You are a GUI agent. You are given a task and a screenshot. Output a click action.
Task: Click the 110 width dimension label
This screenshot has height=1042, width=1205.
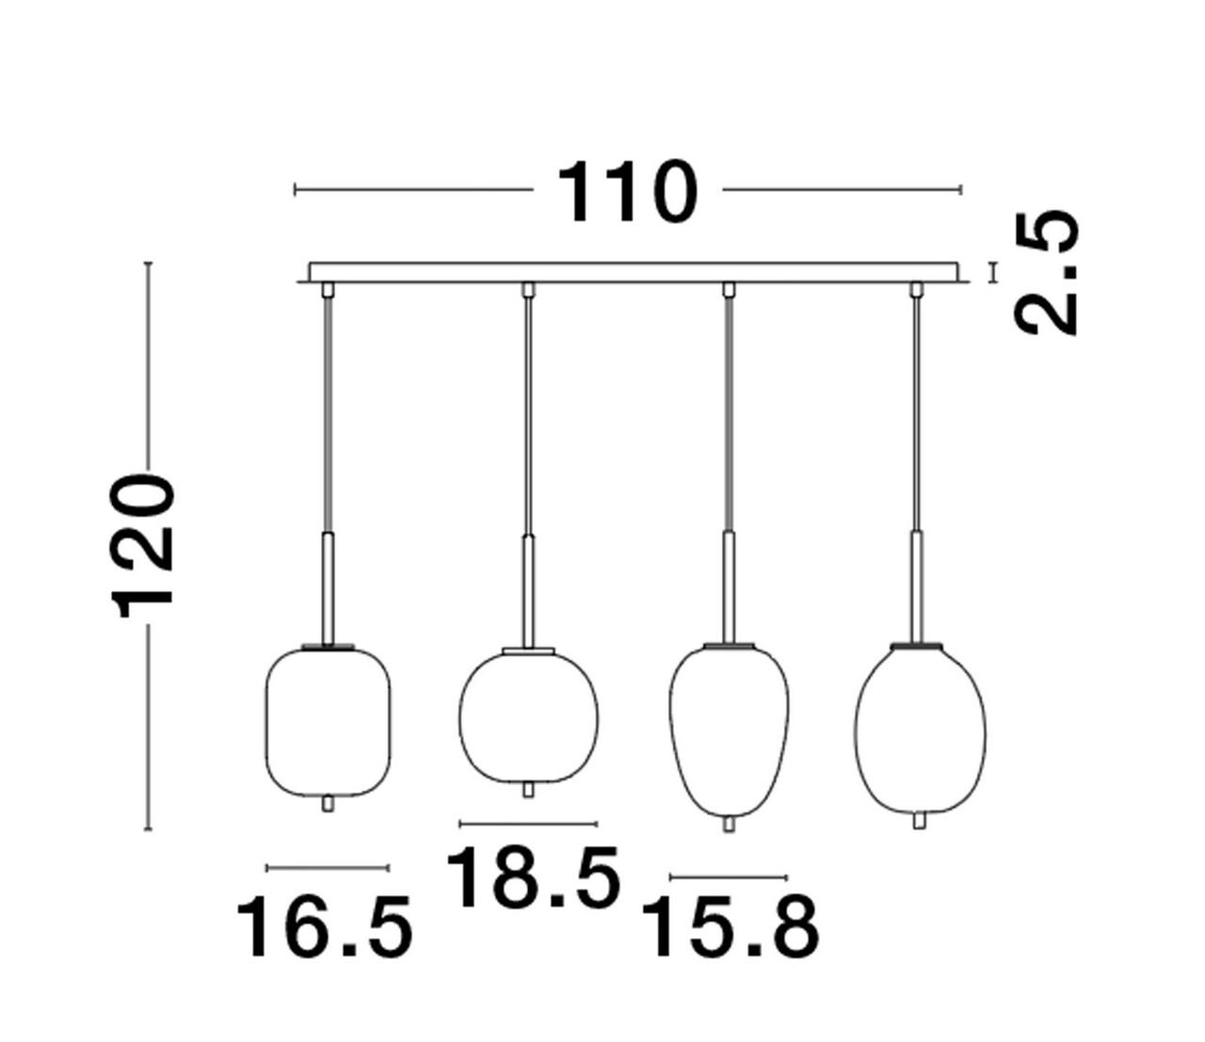tap(628, 193)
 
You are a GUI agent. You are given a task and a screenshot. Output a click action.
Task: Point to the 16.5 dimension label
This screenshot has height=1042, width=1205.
tap(324, 927)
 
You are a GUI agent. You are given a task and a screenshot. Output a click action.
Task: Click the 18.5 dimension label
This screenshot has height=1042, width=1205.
tap(533, 877)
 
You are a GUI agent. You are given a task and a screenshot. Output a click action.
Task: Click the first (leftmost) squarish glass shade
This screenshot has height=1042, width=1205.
tap(328, 721)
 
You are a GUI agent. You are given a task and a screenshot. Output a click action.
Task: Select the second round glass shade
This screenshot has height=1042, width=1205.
tap(528, 715)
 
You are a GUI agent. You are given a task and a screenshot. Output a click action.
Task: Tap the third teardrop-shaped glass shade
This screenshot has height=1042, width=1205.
tap(729, 729)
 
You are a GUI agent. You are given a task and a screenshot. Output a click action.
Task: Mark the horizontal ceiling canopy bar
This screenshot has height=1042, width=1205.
tap(634, 272)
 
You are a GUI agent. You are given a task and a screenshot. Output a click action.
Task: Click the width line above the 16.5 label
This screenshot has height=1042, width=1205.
tap(328, 867)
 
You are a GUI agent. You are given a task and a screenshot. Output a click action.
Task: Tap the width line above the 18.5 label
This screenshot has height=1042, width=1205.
tap(528, 824)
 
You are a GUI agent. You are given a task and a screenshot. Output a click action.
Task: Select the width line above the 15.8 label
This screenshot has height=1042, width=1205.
tap(729, 877)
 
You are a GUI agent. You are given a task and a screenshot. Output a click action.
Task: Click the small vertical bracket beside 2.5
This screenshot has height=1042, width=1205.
tap(991, 272)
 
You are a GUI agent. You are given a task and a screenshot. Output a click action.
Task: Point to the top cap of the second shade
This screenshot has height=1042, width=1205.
tap(528, 649)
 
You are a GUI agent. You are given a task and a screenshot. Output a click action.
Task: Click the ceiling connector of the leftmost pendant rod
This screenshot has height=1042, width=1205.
tap(328, 289)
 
